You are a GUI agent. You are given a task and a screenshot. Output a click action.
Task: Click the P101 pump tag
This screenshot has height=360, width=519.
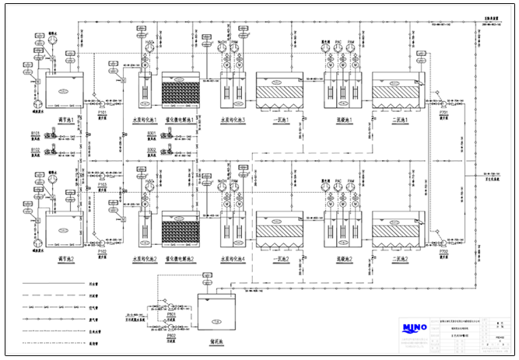pos(102,112)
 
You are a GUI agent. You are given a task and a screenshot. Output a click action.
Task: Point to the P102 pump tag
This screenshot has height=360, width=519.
pos(102,251)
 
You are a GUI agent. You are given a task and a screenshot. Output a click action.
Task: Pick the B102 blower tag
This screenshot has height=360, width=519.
pos(35,149)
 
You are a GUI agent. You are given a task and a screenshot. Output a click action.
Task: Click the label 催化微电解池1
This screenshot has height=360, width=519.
pos(180,120)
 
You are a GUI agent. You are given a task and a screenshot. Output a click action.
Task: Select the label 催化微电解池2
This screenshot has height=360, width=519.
pos(180,258)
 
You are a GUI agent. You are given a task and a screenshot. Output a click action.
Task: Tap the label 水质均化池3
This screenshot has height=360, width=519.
pos(233,120)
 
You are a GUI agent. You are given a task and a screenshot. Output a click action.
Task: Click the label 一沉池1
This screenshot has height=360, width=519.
pos(282,120)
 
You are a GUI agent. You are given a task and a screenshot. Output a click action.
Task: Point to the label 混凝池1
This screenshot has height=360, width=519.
pos(342,120)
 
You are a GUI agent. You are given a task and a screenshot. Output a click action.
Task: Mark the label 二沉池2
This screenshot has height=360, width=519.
pos(398,258)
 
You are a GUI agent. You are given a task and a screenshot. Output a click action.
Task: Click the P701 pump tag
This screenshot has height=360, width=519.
pos(444,112)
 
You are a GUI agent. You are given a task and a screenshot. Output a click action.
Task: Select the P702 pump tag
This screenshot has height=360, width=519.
pos(444,251)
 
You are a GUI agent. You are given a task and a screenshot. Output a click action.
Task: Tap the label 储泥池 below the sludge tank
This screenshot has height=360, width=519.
pos(218,339)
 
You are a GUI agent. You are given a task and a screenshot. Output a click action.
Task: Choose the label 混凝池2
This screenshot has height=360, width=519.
pos(342,258)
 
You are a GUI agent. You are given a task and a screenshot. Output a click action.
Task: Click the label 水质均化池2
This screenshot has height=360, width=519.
pos(146,258)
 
